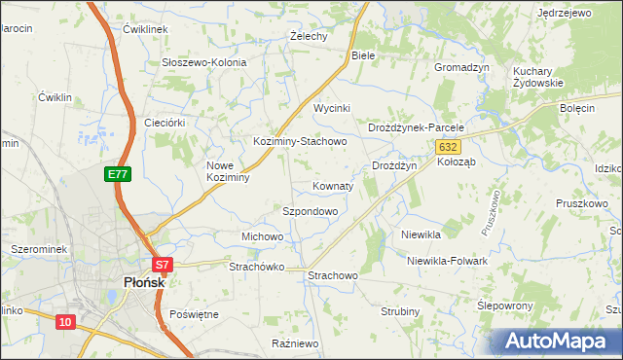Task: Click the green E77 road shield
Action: [x=118, y=174]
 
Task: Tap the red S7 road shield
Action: [x=163, y=264]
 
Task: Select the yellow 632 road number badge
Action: [x=447, y=146]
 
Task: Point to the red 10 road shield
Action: [x=65, y=321]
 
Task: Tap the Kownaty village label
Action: [x=333, y=186]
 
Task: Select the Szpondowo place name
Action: [x=310, y=211]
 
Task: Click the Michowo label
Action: [x=262, y=237]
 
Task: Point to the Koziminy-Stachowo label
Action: [x=300, y=142]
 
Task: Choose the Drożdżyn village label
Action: [x=394, y=166]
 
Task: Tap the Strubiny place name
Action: [x=399, y=311]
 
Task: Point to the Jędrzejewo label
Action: [x=565, y=13]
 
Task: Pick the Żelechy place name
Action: [x=309, y=36]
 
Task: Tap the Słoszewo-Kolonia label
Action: [x=203, y=62]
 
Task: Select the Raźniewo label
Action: [x=296, y=343]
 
